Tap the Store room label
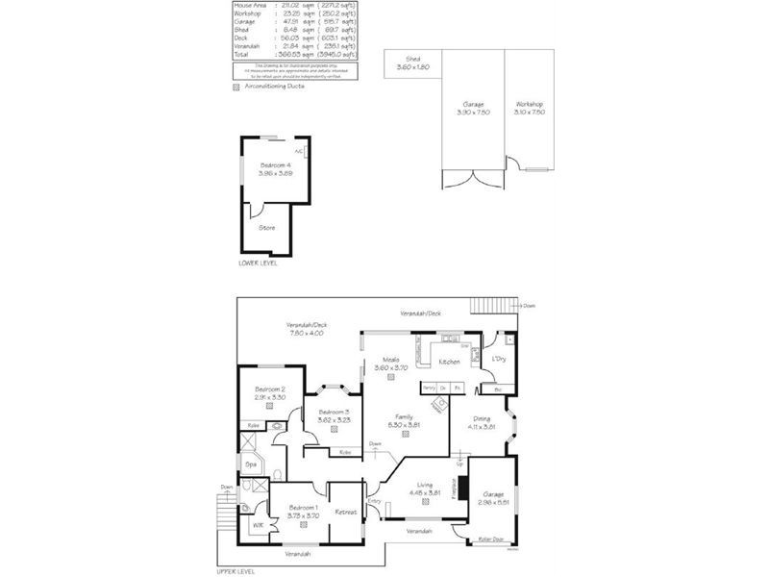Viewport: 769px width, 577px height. click(x=267, y=228)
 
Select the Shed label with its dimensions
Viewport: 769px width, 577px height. click(x=413, y=63)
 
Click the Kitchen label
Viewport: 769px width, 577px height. click(x=449, y=362)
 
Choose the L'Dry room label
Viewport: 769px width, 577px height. click(x=498, y=360)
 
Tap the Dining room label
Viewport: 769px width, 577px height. click(x=482, y=420)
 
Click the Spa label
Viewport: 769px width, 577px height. click(x=251, y=464)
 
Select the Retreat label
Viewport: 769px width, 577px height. click(x=346, y=512)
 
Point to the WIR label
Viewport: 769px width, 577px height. click(x=258, y=525)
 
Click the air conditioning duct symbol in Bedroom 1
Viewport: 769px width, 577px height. click(x=303, y=525)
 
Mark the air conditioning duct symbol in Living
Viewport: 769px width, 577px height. click(x=425, y=502)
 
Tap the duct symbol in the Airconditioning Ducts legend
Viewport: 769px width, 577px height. click(x=236, y=87)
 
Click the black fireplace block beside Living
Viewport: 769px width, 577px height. click(x=462, y=487)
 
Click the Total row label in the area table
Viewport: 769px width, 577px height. click(x=241, y=55)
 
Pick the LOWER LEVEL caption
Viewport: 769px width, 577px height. click(x=258, y=262)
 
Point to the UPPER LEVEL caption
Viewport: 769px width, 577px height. click(x=237, y=570)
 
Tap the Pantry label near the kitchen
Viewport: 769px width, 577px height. click(x=429, y=388)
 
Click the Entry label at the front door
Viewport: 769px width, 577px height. click(x=374, y=501)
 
